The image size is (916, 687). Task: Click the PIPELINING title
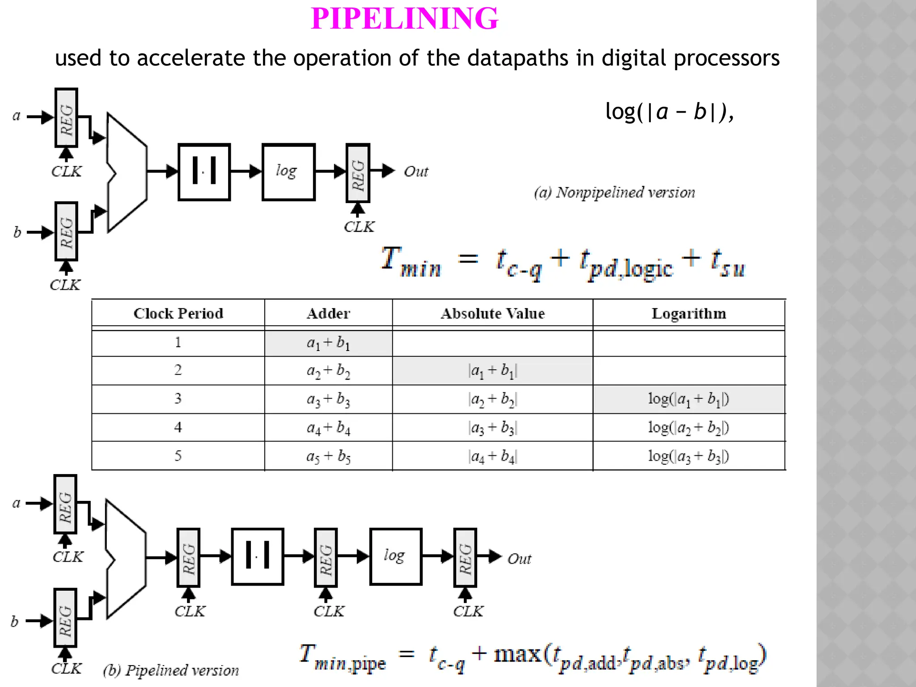coord(404,19)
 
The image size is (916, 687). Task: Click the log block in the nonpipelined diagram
coord(288,172)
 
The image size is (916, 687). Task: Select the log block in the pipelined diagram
coord(396,557)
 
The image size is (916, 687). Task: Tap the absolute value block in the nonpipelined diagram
coord(204,172)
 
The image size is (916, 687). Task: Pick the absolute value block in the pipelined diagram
coord(258,557)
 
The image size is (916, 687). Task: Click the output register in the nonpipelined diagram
coord(358,173)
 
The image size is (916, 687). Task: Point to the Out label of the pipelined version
coord(519,559)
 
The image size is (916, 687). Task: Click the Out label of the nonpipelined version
coord(416,172)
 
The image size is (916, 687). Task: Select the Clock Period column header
coord(178,314)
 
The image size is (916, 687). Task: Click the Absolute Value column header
coord(492,314)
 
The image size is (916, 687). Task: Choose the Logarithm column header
coord(689,314)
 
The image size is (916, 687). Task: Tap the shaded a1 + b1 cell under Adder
coord(328,343)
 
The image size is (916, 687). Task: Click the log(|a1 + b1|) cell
coord(689,399)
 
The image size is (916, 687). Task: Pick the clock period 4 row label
coord(178,428)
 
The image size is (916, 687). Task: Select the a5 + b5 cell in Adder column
coord(328,456)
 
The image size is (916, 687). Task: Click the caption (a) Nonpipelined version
coord(615,193)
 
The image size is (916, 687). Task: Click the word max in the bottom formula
coord(517,654)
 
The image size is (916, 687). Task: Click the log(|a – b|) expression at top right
coord(669,112)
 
